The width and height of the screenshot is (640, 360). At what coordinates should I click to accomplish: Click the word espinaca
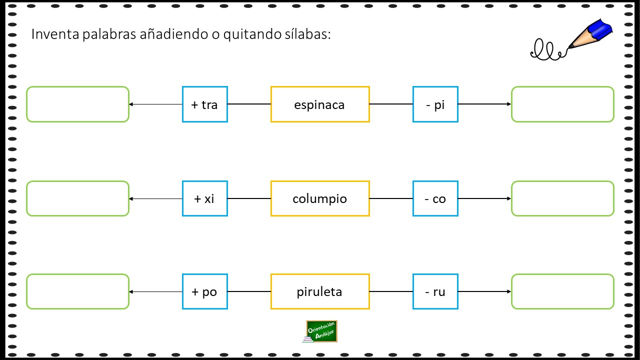[x=319, y=105]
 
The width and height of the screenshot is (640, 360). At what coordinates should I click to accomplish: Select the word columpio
[x=319, y=199]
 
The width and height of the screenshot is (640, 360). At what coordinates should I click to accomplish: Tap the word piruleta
[x=319, y=291]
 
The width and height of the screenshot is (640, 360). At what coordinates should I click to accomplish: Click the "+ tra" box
[x=205, y=104]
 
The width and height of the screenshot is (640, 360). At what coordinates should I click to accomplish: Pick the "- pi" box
[x=435, y=104]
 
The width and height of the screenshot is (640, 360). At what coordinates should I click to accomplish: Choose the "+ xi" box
[x=205, y=198]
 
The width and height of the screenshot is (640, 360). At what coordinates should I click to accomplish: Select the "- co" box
[x=435, y=198]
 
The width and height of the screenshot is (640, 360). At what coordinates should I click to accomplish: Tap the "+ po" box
[x=205, y=291]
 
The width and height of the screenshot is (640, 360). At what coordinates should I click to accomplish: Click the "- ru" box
[x=435, y=291]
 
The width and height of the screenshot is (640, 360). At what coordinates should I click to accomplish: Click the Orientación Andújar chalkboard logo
[x=320, y=331]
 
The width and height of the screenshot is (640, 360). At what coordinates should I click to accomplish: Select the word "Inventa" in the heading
[x=55, y=34]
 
